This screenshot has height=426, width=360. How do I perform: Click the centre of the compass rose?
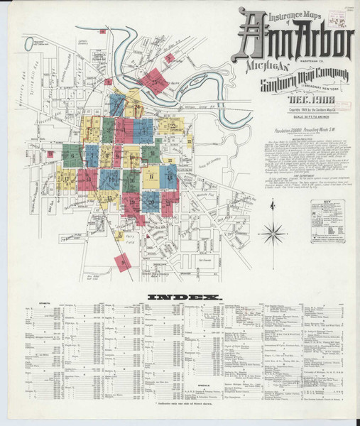click(272, 232)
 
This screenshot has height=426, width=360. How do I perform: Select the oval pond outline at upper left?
click(28, 43)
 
